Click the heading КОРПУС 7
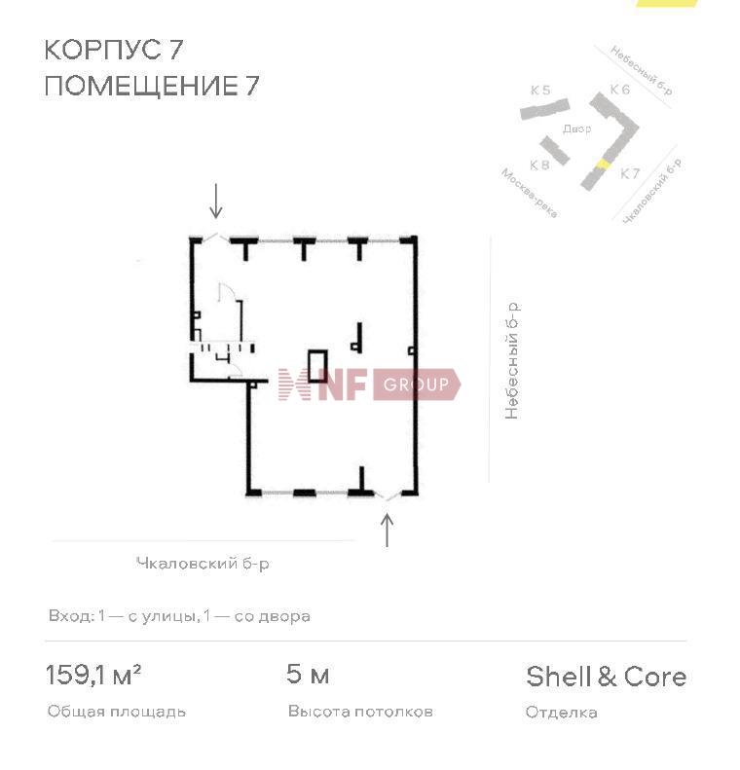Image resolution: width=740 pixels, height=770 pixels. pos(114,50)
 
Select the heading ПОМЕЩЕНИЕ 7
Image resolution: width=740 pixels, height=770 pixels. pos(151,86)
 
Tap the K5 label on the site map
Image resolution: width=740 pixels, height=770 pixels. pos(540,91)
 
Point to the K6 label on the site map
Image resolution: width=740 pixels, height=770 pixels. pos(619,90)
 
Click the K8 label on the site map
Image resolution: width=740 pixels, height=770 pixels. pos(539,165)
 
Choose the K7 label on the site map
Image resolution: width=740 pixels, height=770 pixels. pos(630,173)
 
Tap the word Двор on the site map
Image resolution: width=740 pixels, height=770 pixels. pos(577,128)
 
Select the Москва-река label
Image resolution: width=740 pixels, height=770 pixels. pos(529,193)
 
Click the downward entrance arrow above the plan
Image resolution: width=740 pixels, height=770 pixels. pos(215,201)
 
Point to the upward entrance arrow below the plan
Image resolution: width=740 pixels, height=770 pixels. pos(388,530)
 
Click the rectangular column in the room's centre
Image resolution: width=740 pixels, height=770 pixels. pos(317,366)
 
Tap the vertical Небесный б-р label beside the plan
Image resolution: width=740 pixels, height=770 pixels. pos(511,361)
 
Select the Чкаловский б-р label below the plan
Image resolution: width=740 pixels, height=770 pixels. pos(203,564)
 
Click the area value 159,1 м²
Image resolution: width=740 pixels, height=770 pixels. pos(93,675)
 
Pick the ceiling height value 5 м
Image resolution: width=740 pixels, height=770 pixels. pos(308,675)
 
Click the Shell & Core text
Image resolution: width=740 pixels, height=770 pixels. pos(606,677)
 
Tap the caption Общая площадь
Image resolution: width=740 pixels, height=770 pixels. pos(117,712)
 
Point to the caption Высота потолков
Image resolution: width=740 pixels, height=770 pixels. pos(360,712)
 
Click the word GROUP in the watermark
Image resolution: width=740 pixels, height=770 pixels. pos(416,384)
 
